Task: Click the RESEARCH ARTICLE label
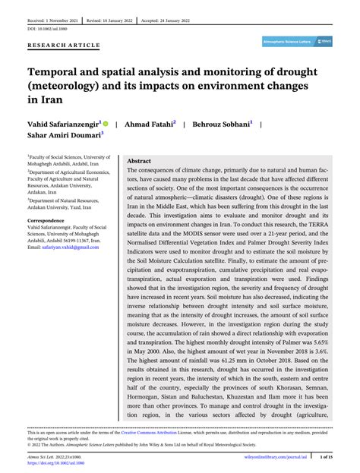(x=64, y=45)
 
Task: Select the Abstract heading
(x=138, y=162)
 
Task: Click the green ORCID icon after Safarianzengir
(x=106, y=122)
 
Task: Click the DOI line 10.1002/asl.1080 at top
(x=42, y=28)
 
